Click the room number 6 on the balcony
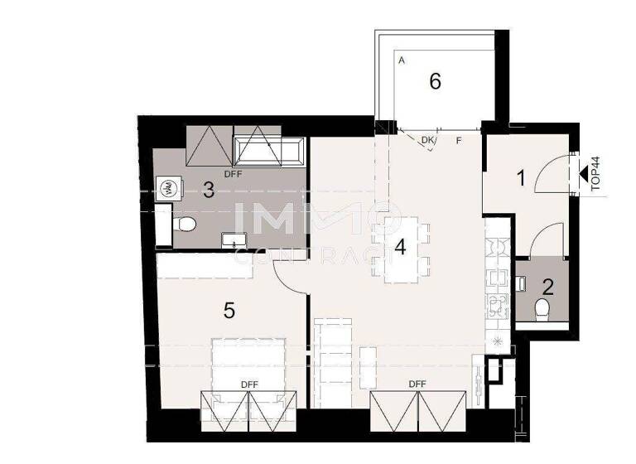pos(435,81)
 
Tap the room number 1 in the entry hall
pos(521,176)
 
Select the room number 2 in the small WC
pos(547,288)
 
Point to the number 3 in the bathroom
pos(209,190)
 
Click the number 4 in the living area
pos(401,247)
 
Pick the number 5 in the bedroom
pos(229,311)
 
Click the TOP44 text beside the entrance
pos(595,175)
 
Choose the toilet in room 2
pos(543,311)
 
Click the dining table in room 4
pos(401,249)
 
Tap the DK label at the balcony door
pos(427,141)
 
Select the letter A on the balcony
pos(401,61)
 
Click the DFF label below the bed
pos(250,384)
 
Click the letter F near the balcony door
pos(459,141)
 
